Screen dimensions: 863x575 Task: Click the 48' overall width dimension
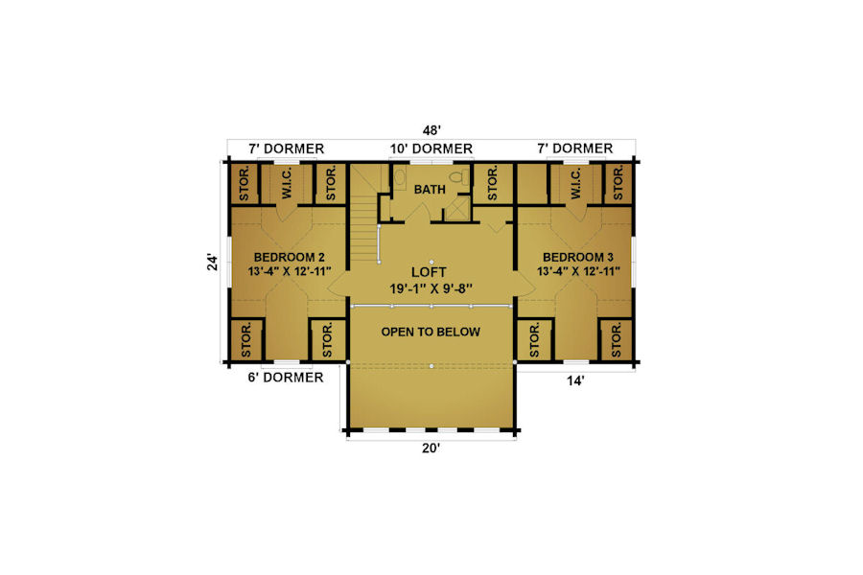tap(431, 130)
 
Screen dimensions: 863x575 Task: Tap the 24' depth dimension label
tap(213, 262)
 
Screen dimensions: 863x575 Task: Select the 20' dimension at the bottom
tap(431, 448)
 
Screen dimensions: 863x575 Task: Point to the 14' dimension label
tap(575, 380)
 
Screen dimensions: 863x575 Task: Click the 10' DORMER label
tap(431, 149)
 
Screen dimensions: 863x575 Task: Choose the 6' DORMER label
tap(285, 378)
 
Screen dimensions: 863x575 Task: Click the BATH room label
tap(430, 190)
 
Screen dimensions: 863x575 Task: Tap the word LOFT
tap(429, 272)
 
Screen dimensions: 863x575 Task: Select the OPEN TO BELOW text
tap(431, 332)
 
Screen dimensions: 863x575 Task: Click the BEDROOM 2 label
tap(289, 257)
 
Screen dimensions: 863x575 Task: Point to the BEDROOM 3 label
tap(578, 257)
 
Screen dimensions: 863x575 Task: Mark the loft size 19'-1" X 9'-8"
tap(431, 288)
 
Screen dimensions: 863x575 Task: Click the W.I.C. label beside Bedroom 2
tap(287, 184)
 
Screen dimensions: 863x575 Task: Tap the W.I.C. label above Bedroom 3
tap(575, 184)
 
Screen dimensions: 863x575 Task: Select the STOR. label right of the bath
tap(493, 184)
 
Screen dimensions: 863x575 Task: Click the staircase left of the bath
tap(362, 215)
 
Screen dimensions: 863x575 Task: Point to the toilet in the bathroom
tap(459, 176)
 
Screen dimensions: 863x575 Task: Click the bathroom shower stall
tap(457, 209)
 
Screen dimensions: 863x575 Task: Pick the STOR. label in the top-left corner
tap(245, 184)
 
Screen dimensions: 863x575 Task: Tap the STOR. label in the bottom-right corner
tap(617, 340)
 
